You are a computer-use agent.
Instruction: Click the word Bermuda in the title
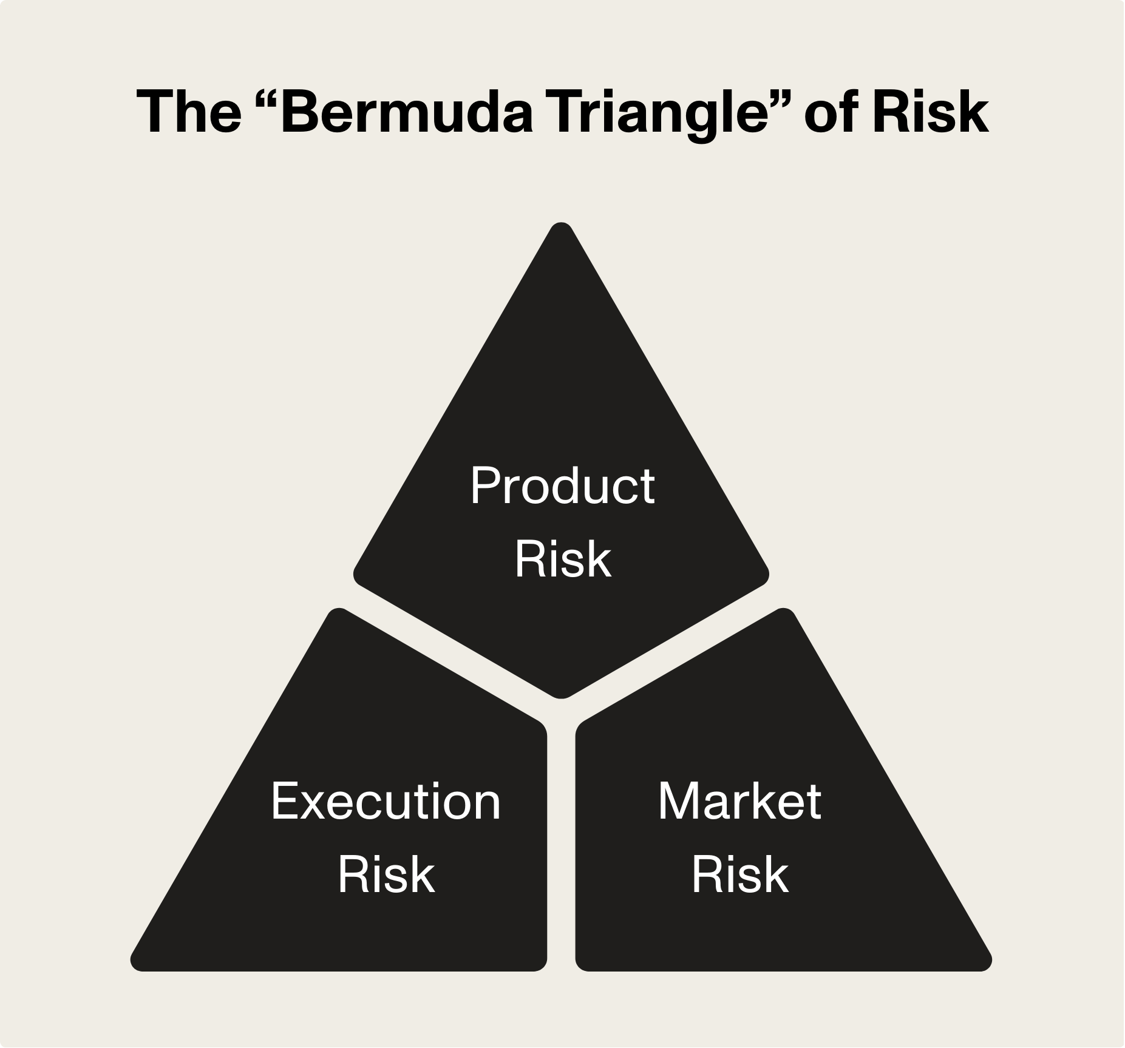[x=406, y=113]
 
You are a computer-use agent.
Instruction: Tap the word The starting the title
[x=189, y=113]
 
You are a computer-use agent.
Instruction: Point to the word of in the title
[x=831, y=113]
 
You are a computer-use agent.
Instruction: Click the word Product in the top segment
[x=562, y=486]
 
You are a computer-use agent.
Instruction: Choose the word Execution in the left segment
[x=386, y=802]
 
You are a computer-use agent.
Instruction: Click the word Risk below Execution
[x=386, y=875]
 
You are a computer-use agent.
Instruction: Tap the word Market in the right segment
[x=739, y=802]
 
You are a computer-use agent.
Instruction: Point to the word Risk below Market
[x=739, y=875]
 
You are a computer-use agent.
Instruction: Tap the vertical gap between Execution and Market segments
[x=562, y=850]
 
